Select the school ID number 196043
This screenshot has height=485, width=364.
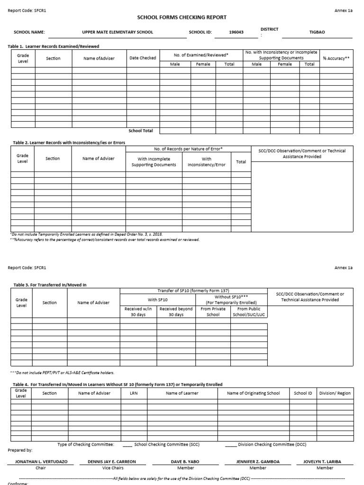coord(237,33)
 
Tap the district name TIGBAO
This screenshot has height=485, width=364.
coord(317,33)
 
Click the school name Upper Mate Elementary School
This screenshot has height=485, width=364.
coord(118,33)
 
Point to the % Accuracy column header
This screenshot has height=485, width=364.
coord(336,58)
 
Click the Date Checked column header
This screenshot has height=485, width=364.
coord(143,58)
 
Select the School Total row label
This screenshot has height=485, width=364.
coord(141,131)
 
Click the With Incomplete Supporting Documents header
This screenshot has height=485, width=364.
coord(154,162)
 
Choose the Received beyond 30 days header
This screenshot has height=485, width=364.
coord(176,312)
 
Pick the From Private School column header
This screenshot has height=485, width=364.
coord(213,312)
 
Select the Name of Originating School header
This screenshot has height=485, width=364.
coord(253,393)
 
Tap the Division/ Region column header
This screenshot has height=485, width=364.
coord(335,393)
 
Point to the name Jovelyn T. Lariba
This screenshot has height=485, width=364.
coord(325,461)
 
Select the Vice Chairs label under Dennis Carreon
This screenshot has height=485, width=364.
coord(111,468)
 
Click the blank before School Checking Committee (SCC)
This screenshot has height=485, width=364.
coord(127,445)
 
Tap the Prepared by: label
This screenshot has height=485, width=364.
coord(20,450)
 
